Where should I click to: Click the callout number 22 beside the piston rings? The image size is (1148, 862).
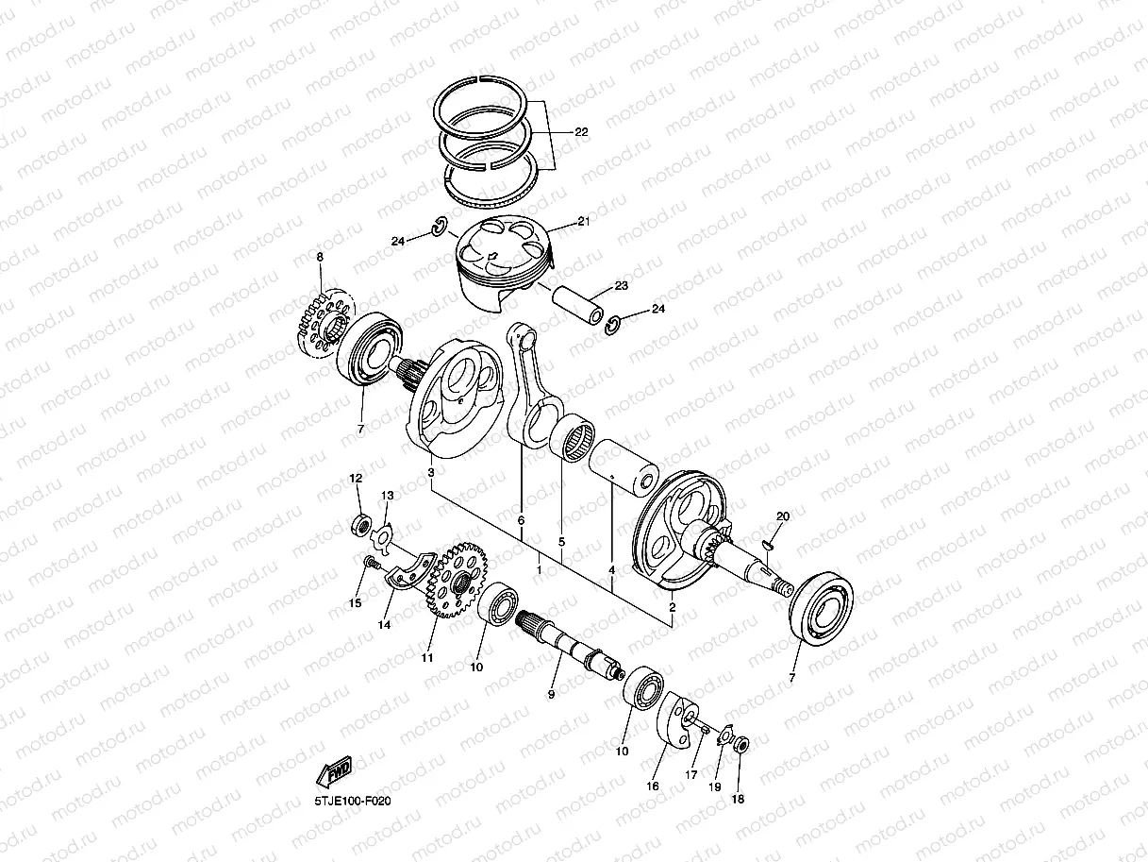pos(580,132)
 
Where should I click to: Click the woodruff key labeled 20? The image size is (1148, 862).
pos(768,543)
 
